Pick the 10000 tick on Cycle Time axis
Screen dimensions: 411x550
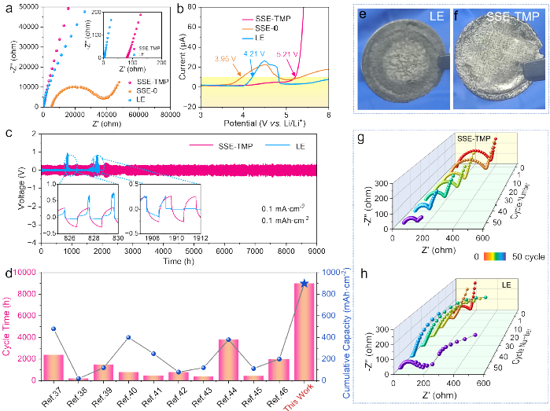(x=28, y=272)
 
